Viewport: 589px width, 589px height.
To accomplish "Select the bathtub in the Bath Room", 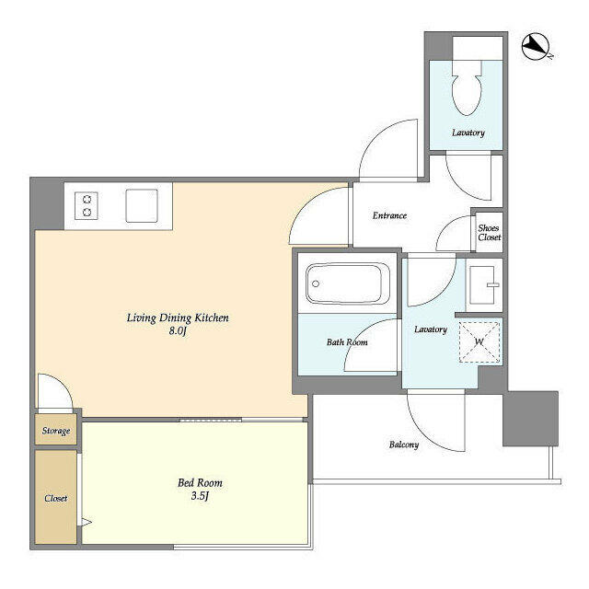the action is click(348, 283).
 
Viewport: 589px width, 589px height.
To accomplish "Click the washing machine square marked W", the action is click(479, 341).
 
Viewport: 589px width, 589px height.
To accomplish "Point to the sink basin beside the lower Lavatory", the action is click(482, 285).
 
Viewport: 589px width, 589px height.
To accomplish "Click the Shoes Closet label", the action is click(489, 233).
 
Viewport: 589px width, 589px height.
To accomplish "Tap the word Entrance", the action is click(389, 215).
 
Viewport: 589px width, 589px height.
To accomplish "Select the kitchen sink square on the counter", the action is click(142, 206).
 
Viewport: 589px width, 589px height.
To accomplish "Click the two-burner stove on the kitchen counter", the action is click(87, 205).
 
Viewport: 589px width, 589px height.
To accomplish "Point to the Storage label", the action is click(56, 431).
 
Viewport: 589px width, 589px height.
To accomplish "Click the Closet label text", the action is click(55, 499).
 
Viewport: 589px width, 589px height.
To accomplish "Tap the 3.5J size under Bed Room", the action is click(200, 497).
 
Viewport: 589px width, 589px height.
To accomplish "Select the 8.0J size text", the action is click(178, 331).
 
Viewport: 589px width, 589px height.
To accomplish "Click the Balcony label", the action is click(404, 445).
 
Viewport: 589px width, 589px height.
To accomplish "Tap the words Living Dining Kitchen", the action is click(178, 318).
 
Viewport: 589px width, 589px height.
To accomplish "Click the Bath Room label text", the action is click(347, 342).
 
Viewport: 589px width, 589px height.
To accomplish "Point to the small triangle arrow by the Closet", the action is click(87, 522).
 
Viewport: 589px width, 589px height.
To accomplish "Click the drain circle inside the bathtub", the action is click(316, 283).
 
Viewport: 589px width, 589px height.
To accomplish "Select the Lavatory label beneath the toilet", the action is click(468, 133).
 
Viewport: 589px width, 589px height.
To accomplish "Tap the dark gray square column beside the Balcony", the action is click(530, 419).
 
